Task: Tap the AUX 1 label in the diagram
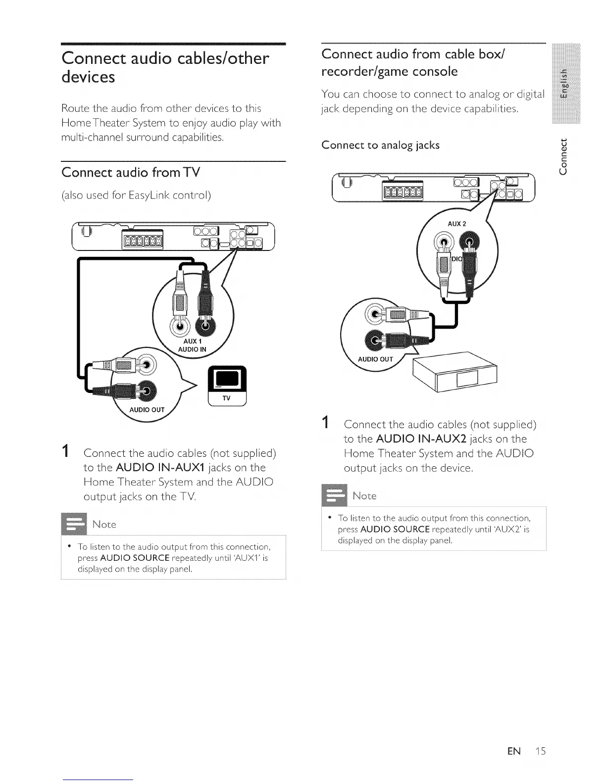(x=192, y=342)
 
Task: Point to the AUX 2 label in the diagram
(x=456, y=224)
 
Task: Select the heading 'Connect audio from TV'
(x=131, y=172)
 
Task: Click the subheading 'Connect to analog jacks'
(x=380, y=145)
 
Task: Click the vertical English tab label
(x=563, y=83)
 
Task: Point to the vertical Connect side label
(x=563, y=156)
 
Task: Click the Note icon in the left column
(x=75, y=524)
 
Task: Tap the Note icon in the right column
(x=335, y=495)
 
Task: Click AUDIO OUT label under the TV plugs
(x=147, y=410)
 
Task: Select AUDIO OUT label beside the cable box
(x=375, y=359)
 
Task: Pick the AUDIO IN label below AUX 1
(x=192, y=349)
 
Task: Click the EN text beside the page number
(x=514, y=751)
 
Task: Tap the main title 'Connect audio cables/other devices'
(x=165, y=67)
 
